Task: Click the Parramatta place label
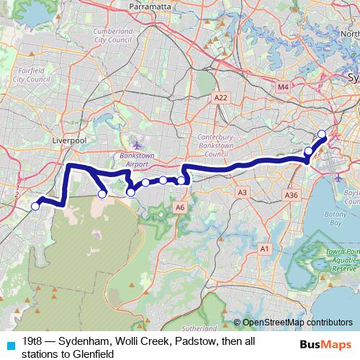click(x=149, y=6)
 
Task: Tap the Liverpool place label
click(x=69, y=141)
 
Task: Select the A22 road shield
click(x=220, y=96)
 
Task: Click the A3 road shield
click(x=242, y=192)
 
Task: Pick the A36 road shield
click(x=291, y=195)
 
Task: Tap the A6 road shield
click(x=180, y=207)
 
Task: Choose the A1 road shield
click(x=264, y=248)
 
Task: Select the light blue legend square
click(x=9, y=343)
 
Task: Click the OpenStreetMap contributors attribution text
click(x=297, y=323)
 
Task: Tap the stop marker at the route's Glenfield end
click(x=35, y=207)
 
